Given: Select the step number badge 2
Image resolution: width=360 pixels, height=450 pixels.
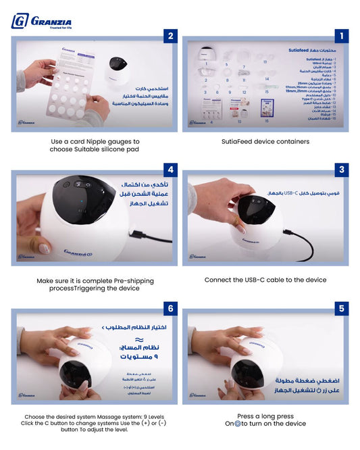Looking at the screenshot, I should (x=171, y=36).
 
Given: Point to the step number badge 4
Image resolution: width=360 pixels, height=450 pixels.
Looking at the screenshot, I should (x=171, y=170).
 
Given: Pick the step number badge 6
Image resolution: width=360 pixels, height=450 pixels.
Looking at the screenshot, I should (x=171, y=309).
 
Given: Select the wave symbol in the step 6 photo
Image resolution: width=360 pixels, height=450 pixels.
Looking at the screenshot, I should (x=138, y=340).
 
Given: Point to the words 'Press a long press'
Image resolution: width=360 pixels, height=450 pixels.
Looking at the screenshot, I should (x=265, y=416).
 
